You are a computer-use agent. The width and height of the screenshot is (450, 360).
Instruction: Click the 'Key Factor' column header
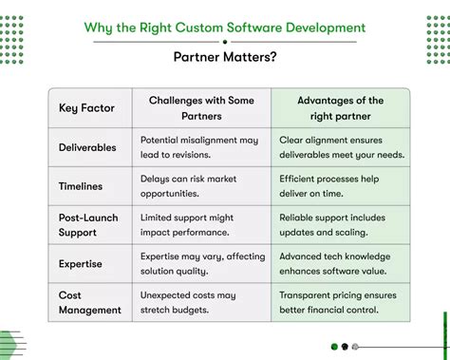point(86,108)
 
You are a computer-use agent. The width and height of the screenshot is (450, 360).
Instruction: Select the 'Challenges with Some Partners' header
point(201,108)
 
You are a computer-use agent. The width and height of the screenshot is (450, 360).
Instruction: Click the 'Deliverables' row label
point(88,147)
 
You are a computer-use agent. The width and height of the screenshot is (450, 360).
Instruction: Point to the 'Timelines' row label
point(81,186)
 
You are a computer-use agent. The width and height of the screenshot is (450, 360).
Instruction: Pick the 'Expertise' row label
point(82,264)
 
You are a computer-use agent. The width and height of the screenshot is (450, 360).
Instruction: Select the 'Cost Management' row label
point(90,303)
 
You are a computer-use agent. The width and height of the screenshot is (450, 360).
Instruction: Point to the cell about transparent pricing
point(341,303)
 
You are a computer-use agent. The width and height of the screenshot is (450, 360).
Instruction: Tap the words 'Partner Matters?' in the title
point(225,58)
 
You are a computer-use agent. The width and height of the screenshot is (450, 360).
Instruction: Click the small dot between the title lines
point(225,42)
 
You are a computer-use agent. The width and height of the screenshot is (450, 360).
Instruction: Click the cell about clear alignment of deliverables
point(342,147)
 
